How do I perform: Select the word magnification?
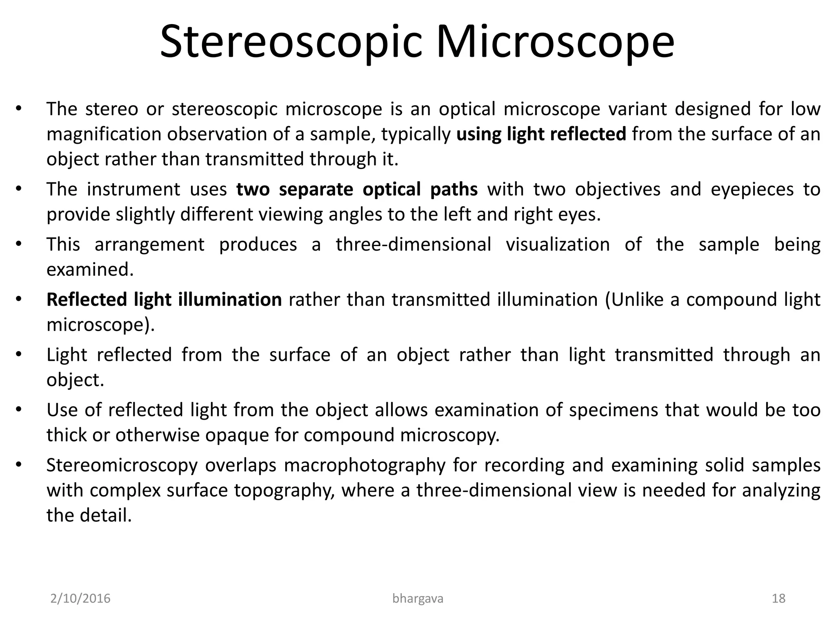[x=104, y=135]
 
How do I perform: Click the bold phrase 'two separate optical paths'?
[x=357, y=189]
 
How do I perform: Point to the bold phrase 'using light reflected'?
[x=541, y=134]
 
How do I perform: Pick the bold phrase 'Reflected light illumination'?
[x=164, y=300]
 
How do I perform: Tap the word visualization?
[x=558, y=245]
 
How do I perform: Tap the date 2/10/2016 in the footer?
[x=80, y=599]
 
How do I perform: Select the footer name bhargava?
[x=418, y=599]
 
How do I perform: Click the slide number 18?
[x=778, y=599]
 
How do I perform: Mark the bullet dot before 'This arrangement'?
[x=18, y=245]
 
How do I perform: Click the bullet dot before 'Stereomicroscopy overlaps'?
[x=18, y=465]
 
